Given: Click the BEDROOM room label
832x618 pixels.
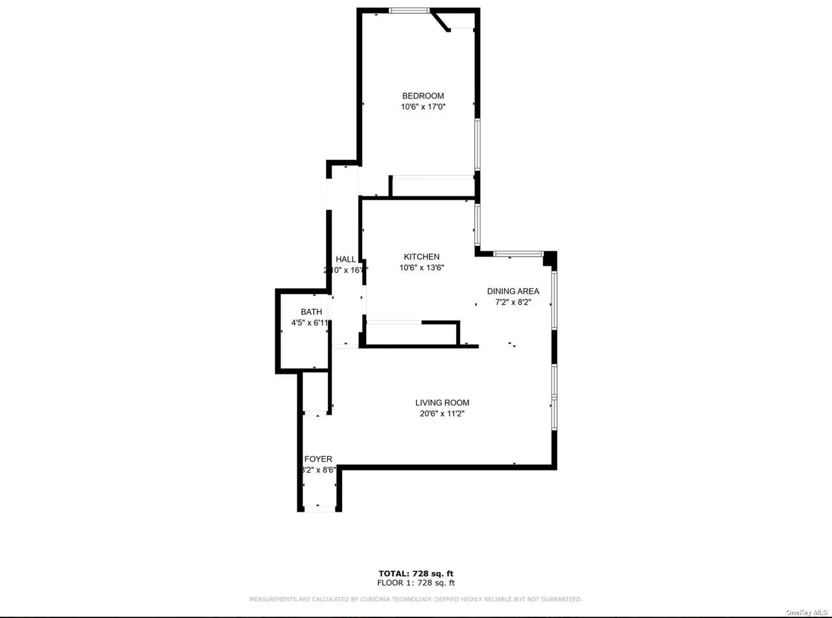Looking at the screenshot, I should [x=422, y=96].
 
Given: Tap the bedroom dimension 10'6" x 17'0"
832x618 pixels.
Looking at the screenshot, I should [x=422, y=107].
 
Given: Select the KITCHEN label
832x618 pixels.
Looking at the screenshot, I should [x=421, y=257].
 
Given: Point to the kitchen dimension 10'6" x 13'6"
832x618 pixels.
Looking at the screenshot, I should [x=421, y=268].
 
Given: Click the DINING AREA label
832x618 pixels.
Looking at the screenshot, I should [x=513, y=292].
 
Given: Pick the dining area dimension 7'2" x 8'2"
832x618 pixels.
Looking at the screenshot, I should [x=513, y=302].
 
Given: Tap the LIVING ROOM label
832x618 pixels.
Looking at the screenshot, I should [x=442, y=403].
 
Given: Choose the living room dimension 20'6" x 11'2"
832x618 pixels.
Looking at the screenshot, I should [x=442, y=413].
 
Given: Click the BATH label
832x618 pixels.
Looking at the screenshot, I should [x=311, y=312].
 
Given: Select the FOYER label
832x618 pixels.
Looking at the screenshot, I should [x=318, y=459].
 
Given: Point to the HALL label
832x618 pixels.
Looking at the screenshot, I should [x=345, y=260].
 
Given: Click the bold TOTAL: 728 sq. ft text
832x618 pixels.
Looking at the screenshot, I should [x=416, y=573].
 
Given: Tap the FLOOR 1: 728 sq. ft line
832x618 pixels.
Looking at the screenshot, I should [x=416, y=583].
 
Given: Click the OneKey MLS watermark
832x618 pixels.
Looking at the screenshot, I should [x=807, y=612].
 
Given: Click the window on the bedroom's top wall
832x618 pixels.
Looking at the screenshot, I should [x=409, y=10].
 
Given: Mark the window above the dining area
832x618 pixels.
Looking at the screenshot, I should [x=518, y=253].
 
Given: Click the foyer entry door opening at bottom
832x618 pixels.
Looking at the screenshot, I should [x=319, y=509].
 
